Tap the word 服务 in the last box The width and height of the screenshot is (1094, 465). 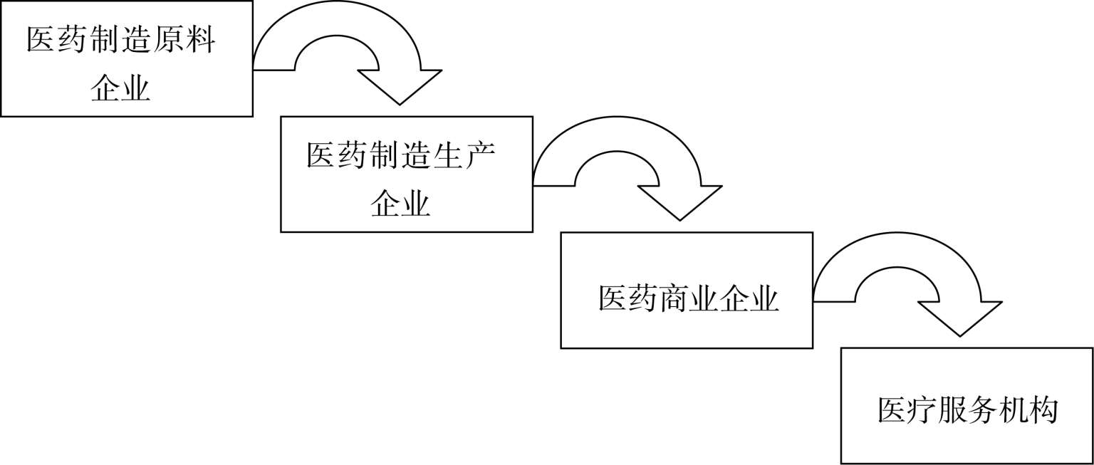point(967,412)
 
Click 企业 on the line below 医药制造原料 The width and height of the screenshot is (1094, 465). point(120,88)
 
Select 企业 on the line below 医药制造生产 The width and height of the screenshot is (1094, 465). point(400,204)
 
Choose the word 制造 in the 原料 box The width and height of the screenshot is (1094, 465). point(120,40)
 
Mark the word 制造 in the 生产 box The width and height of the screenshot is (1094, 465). point(400,155)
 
